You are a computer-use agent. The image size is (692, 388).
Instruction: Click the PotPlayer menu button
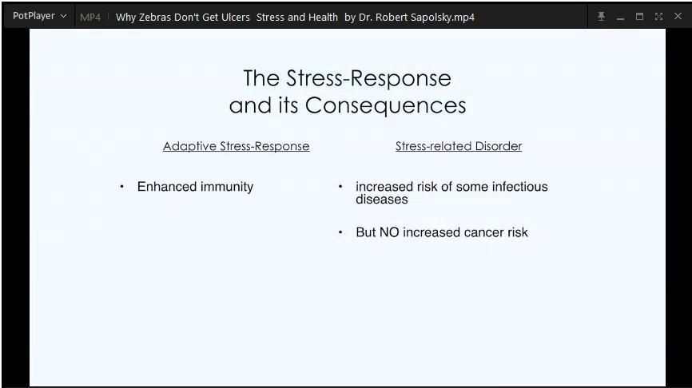point(39,16)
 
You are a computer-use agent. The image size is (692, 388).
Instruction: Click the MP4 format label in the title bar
point(90,18)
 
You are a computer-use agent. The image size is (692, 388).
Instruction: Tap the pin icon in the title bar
point(601,17)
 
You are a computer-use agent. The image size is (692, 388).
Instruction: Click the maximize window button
point(639,17)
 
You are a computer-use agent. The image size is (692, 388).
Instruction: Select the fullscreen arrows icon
point(658,17)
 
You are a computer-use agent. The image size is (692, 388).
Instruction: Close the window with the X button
point(678,16)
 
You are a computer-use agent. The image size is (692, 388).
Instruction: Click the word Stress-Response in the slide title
point(368,78)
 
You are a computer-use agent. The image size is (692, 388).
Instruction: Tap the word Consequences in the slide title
point(385,105)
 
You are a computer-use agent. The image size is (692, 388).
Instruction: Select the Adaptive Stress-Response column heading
point(236,146)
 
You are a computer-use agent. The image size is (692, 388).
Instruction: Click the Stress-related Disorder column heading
point(459,146)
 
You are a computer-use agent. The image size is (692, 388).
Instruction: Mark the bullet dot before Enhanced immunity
point(121,187)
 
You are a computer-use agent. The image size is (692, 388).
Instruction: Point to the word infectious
point(520,187)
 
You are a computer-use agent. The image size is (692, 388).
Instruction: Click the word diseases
point(382,200)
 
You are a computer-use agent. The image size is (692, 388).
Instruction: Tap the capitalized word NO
point(389,232)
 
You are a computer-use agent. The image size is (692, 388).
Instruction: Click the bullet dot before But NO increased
point(340,232)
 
